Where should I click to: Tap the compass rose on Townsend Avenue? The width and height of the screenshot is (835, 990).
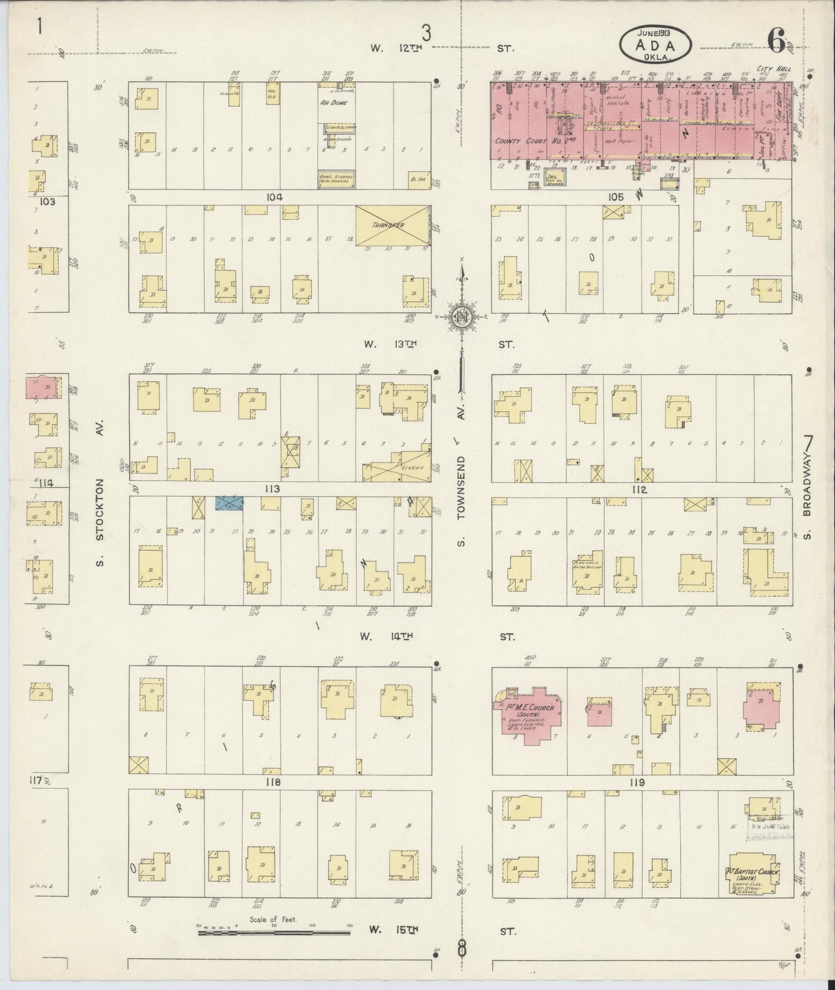[462, 317]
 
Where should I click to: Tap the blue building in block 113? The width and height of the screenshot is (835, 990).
[229, 503]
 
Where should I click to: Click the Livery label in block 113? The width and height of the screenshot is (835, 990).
[414, 467]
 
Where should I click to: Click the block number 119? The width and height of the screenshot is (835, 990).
[637, 783]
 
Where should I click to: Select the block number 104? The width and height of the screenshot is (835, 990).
[274, 197]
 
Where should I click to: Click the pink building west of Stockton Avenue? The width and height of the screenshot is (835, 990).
[41, 386]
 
